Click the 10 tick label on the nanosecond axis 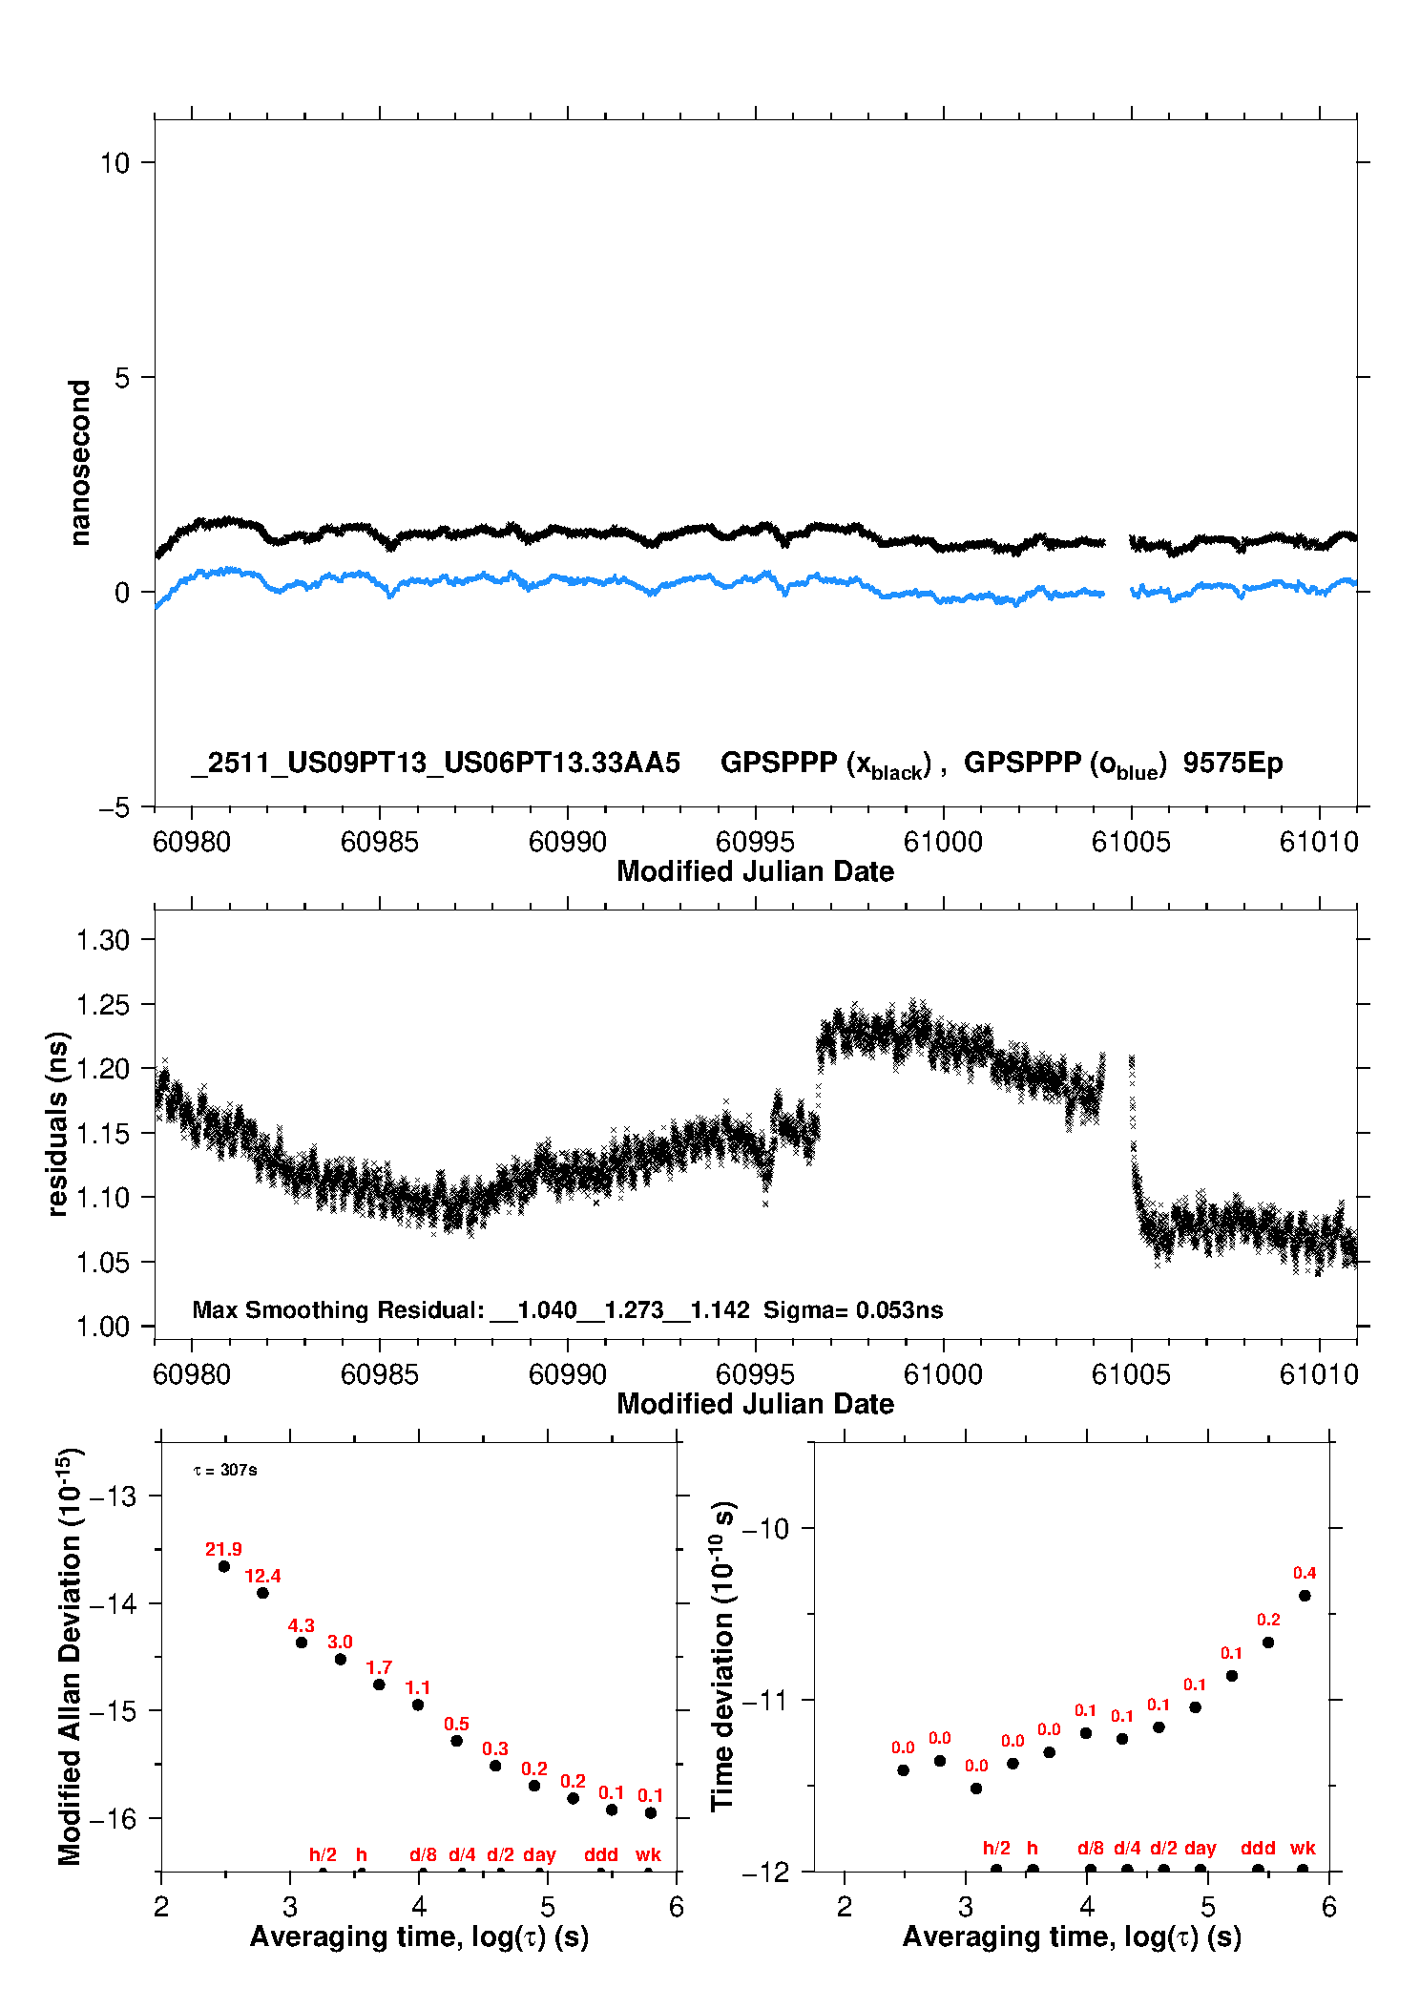point(115,163)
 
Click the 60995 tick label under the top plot point(755,842)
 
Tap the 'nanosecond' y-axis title point(80,462)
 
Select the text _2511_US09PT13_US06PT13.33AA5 point(436,764)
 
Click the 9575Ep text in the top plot point(1232,764)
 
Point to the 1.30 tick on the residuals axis point(102,940)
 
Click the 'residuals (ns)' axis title point(58,1123)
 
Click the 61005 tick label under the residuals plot point(1131,1374)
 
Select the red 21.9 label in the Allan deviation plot point(223,1549)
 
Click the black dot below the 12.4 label point(262,1593)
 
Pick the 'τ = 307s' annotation point(225,1471)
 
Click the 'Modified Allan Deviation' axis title point(70,1656)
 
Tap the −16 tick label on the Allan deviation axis point(114,1819)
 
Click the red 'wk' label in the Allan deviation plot point(648,1854)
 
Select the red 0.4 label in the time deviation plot point(1305,1573)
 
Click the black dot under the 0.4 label point(1305,1596)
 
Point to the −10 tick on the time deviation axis point(765,1529)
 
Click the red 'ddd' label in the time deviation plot point(1258,1848)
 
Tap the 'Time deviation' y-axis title point(722,1656)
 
